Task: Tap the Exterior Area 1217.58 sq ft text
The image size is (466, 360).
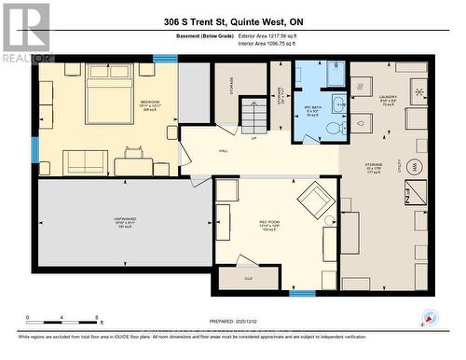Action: pos(278,35)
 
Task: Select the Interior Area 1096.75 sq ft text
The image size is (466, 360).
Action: pos(278,43)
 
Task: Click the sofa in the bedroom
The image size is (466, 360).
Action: pos(85,161)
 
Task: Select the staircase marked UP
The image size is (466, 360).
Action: pos(254,118)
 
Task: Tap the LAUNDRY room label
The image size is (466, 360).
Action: pos(389,97)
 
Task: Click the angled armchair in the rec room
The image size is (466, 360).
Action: pos(314,198)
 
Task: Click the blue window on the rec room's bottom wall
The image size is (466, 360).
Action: pos(302,294)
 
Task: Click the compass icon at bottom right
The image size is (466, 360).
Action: pos(428,317)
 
